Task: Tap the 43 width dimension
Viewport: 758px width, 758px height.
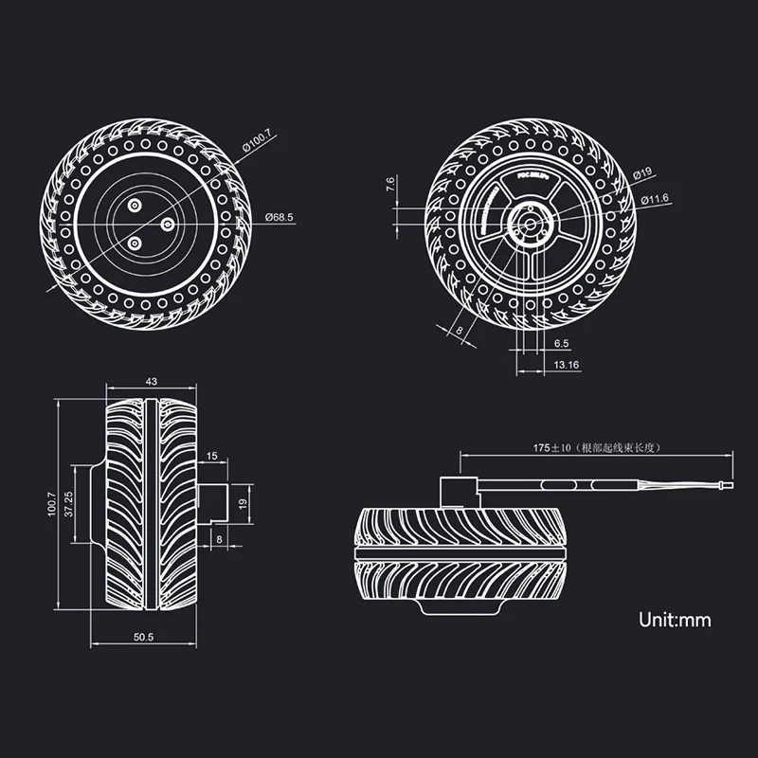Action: click(152, 381)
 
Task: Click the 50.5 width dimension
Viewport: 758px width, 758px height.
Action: click(144, 638)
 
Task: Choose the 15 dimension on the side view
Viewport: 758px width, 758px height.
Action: click(211, 457)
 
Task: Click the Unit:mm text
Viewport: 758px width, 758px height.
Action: click(675, 621)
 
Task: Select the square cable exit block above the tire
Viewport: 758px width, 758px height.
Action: click(456, 493)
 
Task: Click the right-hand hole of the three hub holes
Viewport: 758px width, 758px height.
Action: click(167, 223)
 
